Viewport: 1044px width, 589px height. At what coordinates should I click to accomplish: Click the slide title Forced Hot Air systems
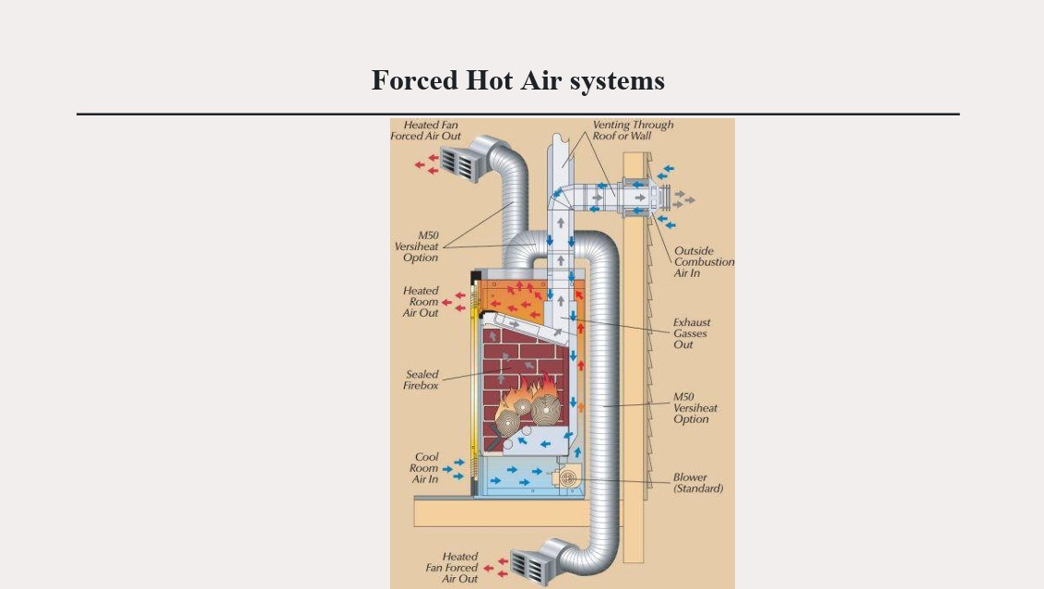pos(517,80)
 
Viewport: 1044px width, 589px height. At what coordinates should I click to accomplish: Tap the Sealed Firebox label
pos(421,379)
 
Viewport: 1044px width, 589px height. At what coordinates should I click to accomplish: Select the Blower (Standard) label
pos(698,483)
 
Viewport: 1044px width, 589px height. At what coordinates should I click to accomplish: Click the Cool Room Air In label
pos(425,468)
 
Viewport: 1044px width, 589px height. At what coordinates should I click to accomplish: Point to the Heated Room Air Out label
pos(421,302)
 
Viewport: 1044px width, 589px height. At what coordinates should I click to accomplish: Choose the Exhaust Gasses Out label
pos(692,333)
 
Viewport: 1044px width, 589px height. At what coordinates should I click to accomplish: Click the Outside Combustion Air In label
pos(704,261)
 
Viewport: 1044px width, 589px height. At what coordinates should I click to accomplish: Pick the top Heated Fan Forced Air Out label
pos(425,130)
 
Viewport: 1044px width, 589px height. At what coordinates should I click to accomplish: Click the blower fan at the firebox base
pos(564,478)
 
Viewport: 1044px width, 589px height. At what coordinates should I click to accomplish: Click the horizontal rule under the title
pos(517,114)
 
